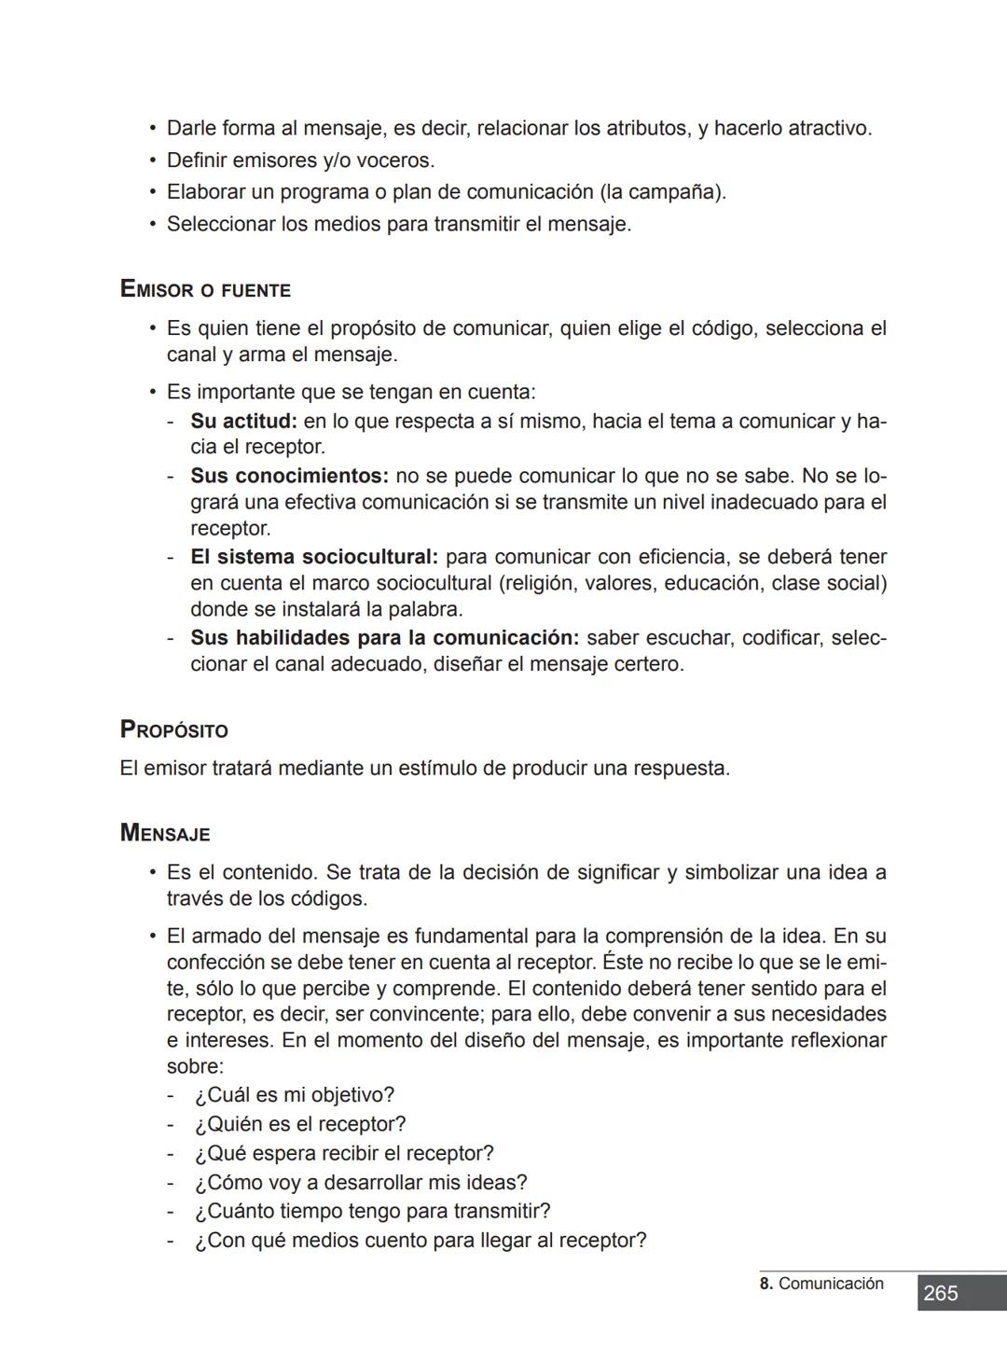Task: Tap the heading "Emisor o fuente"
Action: click(x=205, y=289)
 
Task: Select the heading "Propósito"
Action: click(x=174, y=729)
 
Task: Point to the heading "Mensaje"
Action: click(x=165, y=833)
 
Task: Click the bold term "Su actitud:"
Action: click(x=243, y=421)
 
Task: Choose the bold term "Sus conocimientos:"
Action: click(x=289, y=476)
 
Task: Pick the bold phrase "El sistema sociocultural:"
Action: click(x=314, y=557)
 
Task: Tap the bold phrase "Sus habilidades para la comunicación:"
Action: click(x=384, y=638)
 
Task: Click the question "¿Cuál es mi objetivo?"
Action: click(x=294, y=1094)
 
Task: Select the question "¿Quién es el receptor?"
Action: click(x=299, y=1124)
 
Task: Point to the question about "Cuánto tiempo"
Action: click(x=372, y=1211)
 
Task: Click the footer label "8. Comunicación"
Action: click(x=821, y=1284)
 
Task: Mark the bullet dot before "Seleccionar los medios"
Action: click(x=153, y=224)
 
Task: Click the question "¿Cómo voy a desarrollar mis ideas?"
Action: click(x=360, y=1182)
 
